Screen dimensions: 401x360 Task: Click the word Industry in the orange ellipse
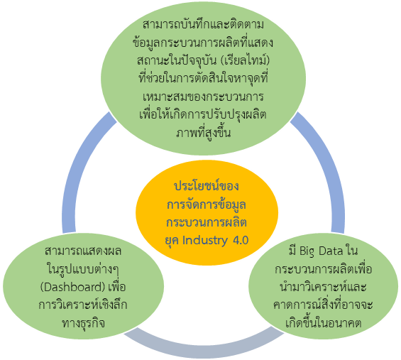[x=204, y=241]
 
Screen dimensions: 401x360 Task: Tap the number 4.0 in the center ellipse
[x=241, y=240]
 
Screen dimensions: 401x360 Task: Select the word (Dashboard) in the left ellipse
[x=73, y=288]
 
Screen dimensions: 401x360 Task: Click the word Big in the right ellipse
[x=307, y=251]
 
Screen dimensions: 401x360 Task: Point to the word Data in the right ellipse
[x=331, y=251]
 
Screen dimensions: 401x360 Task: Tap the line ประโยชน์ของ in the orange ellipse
[x=207, y=185]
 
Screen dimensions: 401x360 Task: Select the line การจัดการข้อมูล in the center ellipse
[x=207, y=204]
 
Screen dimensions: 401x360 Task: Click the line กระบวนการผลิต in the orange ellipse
[x=207, y=222]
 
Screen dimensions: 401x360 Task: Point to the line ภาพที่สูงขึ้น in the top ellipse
[x=203, y=133]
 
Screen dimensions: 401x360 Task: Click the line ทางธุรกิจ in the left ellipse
[x=83, y=323]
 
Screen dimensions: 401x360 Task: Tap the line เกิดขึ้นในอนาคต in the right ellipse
[x=323, y=322]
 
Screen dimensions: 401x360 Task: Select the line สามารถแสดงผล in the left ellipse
[x=83, y=251]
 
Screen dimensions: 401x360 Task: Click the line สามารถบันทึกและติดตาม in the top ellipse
[x=203, y=25]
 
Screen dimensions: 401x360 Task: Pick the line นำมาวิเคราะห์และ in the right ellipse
[x=323, y=287]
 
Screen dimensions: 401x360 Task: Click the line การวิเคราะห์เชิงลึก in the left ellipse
[x=83, y=305]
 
